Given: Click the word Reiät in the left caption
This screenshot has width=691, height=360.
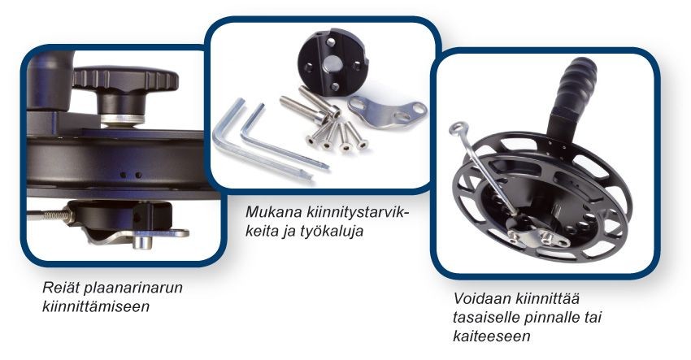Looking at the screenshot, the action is pyautogui.click(x=60, y=288).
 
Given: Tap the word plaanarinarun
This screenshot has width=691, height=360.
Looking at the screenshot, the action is pyautogui.click(x=133, y=288).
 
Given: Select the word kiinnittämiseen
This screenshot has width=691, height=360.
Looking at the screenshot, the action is pyautogui.click(x=96, y=306).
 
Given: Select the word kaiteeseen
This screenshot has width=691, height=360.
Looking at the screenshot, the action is pyautogui.click(x=491, y=336).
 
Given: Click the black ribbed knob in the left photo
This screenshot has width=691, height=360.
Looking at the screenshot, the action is pyautogui.click(x=124, y=80).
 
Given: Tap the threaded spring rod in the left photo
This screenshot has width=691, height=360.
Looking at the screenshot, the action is pyautogui.click(x=50, y=215).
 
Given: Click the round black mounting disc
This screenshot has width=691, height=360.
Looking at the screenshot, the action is pyautogui.click(x=332, y=62).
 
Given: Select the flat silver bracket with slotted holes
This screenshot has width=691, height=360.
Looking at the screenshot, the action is pyautogui.click(x=386, y=112).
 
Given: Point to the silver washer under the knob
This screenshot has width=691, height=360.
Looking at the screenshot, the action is pyautogui.click(x=123, y=119).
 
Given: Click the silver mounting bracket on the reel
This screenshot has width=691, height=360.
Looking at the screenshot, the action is pyautogui.click(x=537, y=236).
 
